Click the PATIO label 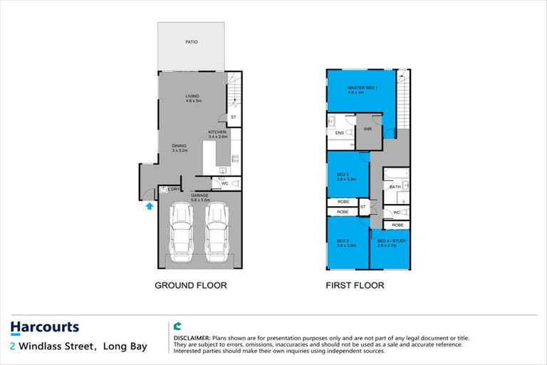[x=191, y=43]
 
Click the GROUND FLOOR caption [x=191, y=285]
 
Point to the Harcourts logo [x=45, y=328]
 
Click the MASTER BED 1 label [x=361, y=88]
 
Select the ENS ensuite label [x=340, y=133]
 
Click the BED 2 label [x=343, y=175]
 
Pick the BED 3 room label [x=343, y=241]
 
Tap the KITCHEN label [x=217, y=133]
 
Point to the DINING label [x=179, y=146]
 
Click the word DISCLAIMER [x=192, y=336]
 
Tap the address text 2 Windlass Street [x=53, y=347]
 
